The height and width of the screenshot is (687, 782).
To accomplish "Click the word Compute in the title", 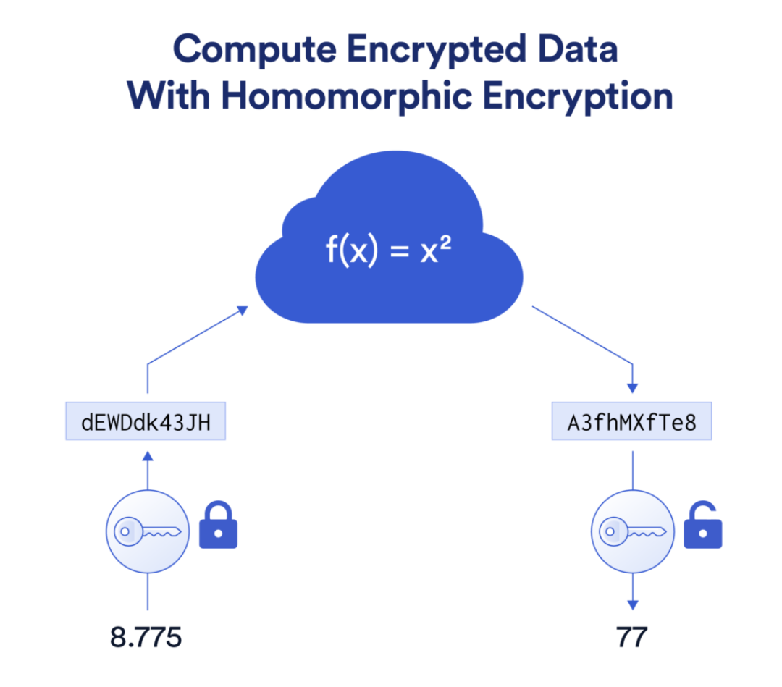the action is tap(254, 50).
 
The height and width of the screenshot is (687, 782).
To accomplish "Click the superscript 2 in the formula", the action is tap(445, 242).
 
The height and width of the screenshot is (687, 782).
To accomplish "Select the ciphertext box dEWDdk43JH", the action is tap(146, 421).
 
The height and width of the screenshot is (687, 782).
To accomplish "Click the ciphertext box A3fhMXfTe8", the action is tap(631, 421).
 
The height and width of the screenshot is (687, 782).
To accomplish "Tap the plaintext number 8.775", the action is tap(146, 637).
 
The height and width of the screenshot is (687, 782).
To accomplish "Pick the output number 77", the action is tap(632, 637).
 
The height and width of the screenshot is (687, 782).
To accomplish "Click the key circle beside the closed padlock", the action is tap(148, 531).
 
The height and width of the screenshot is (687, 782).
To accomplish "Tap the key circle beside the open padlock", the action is tap(632, 531).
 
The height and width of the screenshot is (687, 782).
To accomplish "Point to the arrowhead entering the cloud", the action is tap(243, 311).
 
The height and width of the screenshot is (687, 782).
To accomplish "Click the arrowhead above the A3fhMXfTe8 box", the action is tap(632, 388).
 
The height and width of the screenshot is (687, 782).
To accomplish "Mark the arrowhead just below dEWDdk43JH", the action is tap(148, 456).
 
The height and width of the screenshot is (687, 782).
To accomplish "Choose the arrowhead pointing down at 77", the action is tap(633, 605).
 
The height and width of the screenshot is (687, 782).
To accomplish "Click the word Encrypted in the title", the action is tap(437, 50).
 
